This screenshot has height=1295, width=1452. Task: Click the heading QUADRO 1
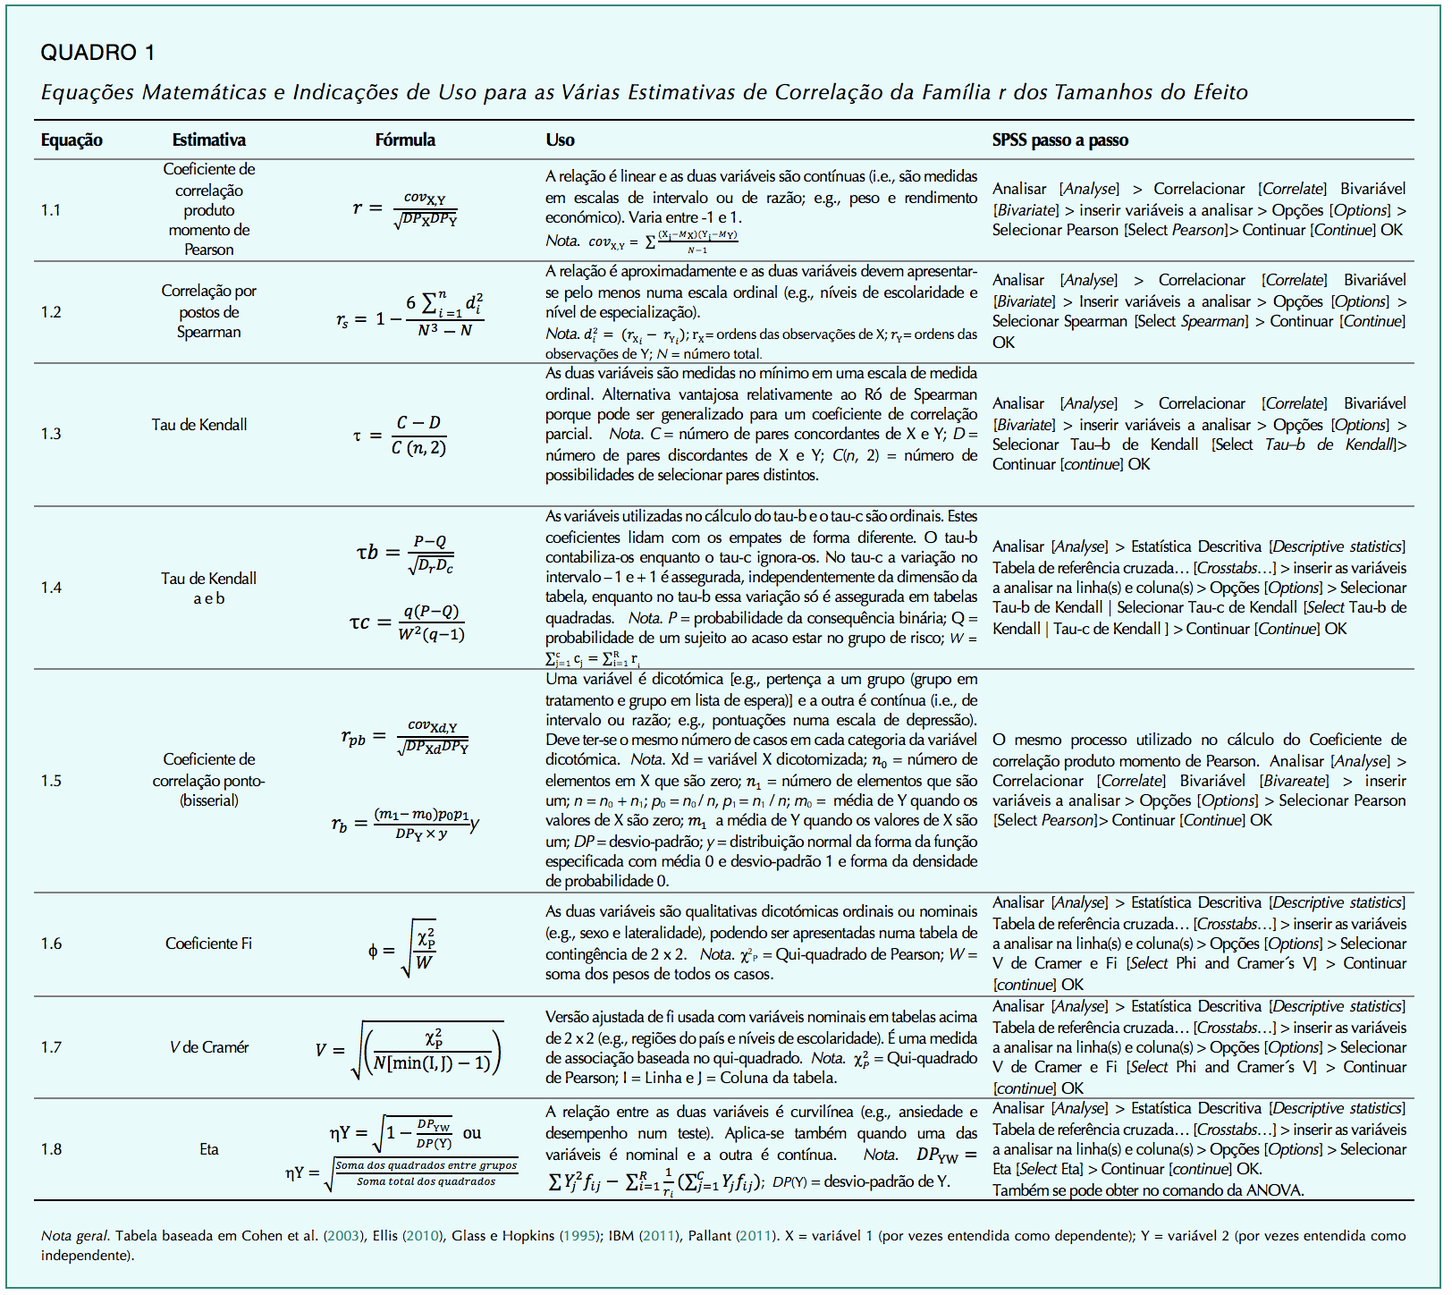point(97,53)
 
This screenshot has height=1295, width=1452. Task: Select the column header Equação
point(72,140)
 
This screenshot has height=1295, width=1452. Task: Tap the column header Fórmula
point(405,140)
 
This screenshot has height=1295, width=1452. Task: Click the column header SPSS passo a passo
point(1059,140)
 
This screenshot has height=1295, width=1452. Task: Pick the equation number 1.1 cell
point(51,210)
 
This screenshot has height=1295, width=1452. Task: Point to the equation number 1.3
point(51,434)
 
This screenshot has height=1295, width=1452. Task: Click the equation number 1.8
point(51,1149)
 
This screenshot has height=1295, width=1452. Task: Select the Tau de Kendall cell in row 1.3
point(199,425)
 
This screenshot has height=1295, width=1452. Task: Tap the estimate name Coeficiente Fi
point(208,944)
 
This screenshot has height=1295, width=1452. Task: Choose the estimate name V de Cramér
point(208,1047)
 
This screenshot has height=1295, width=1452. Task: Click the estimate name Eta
point(208,1149)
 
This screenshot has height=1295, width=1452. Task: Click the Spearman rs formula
point(410,313)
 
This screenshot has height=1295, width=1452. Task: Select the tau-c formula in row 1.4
point(408,622)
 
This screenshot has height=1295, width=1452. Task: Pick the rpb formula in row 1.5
point(405,737)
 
